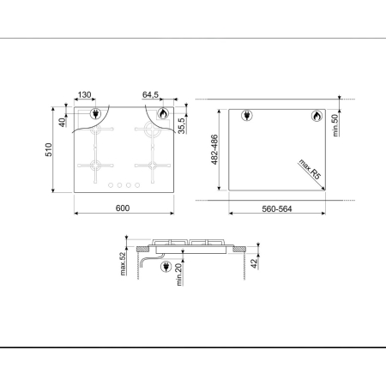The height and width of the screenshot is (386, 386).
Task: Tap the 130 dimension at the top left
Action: [x=85, y=96]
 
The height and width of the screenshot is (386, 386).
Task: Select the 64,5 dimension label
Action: [x=150, y=96]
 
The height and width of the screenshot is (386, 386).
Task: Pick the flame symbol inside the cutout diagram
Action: [x=314, y=115]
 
